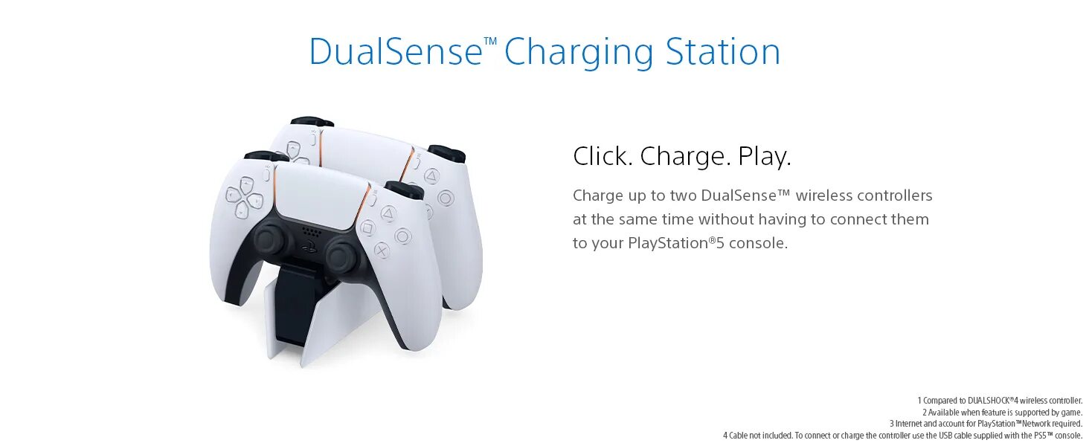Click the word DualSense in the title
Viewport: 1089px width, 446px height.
click(396, 52)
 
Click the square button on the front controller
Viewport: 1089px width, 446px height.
click(367, 227)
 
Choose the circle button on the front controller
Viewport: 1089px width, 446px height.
click(403, 236)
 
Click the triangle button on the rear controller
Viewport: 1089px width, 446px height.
click(431, 176)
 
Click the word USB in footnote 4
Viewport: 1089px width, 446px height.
click(945, 436)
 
